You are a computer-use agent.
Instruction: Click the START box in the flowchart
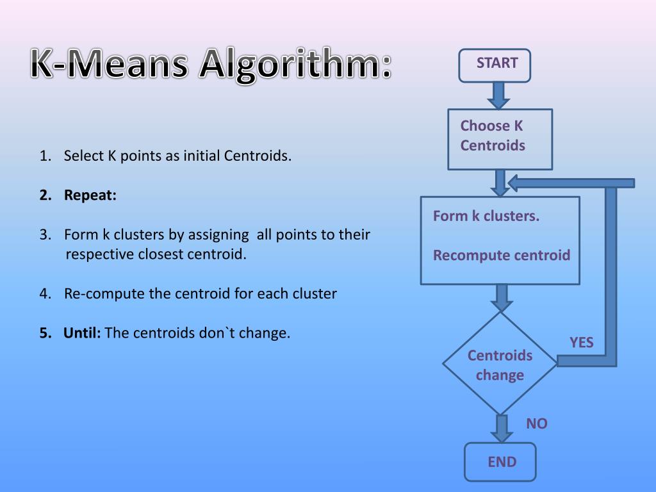tap(495, 65)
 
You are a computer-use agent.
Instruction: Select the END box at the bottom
tap(500, 461)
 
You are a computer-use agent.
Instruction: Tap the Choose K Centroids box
tap(500, 139)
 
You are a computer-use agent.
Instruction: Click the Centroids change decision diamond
tap(500, 364)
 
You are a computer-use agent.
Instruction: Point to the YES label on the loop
tap(582, 343)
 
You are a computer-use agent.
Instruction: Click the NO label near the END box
tap(537, 423)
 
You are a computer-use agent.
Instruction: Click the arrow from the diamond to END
tap(501, 427)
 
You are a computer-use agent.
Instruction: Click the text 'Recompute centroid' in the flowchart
tap(501, 256)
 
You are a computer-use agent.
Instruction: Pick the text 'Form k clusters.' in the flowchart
tap(486, 216)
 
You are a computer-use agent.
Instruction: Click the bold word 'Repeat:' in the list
tap(90, 195)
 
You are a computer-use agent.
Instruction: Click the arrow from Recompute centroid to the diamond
tap(501, 297)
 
